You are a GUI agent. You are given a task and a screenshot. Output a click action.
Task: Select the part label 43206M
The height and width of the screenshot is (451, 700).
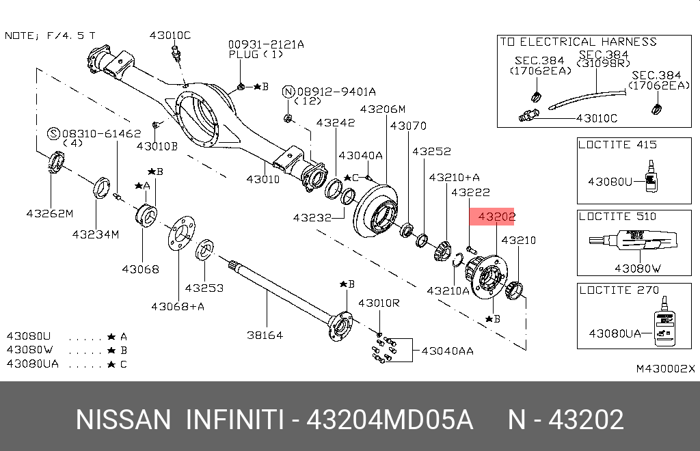(383, 109)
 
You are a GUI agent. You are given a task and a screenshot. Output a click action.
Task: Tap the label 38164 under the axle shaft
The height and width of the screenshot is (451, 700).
(265, 336)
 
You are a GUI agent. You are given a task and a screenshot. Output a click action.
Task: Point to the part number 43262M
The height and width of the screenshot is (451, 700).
(49, 213)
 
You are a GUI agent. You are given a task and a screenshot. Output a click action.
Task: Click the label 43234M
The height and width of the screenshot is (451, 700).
(96, 234)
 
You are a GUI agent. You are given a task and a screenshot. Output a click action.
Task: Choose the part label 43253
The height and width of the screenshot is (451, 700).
(204, 288)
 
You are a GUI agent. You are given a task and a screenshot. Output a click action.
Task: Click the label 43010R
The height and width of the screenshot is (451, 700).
(379, 303)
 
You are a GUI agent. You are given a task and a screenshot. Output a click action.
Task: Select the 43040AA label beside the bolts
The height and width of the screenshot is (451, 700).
(447, 351)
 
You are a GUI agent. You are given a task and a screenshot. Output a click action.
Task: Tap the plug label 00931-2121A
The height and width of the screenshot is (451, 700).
(266, 44)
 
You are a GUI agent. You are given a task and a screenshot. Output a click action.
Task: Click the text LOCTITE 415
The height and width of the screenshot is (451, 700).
(617, 145)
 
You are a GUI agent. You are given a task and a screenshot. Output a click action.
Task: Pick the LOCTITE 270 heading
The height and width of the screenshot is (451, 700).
(617, 290)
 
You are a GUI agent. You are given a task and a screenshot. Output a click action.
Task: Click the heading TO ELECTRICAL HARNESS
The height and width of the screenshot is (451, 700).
(578, 42)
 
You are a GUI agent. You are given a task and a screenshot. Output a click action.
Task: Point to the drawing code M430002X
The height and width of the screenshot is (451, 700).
(665, 368)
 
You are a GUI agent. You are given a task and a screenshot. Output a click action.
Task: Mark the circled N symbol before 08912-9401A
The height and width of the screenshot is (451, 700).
(288, 92)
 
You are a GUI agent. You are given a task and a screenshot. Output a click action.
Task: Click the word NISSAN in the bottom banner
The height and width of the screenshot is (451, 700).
(123, 420)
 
